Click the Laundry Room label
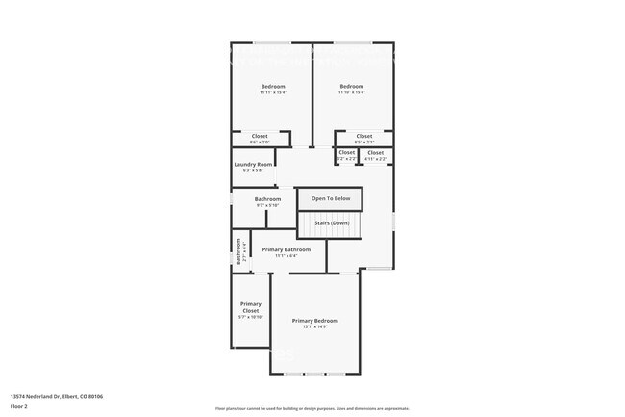254,164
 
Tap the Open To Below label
330,198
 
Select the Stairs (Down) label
330,222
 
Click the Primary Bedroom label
315,320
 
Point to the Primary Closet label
251,307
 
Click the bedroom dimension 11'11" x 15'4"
273,92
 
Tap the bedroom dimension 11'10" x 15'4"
352,92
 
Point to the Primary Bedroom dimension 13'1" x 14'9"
315,326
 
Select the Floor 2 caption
19,406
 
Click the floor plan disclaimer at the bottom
312,408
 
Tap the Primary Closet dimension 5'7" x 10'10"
251,317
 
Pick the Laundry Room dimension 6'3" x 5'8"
254,170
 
